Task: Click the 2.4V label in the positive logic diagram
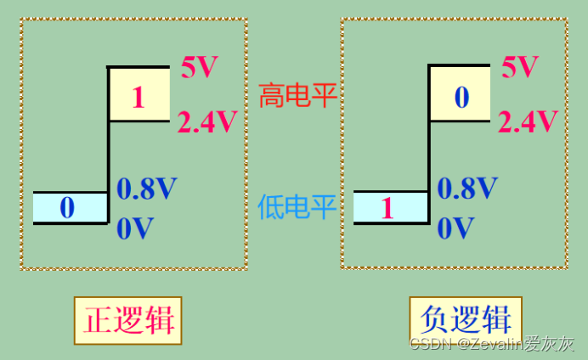[x=207, y=123]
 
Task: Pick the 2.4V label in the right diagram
[x=528, y=123]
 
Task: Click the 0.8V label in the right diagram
[x=467, y=188]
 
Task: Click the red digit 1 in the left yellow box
[x=139, y=98]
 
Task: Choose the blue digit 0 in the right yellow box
[x=461, y=98]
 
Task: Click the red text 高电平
[x=297, y=96]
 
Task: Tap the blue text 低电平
[x=297, y=206]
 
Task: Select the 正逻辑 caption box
[x=129, y=320]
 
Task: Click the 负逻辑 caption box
[x=466, y=320]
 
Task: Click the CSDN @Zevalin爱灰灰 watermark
[x=493, y=344]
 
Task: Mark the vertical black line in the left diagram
[x=108, y=153]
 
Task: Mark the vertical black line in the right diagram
[x=429, y=153]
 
